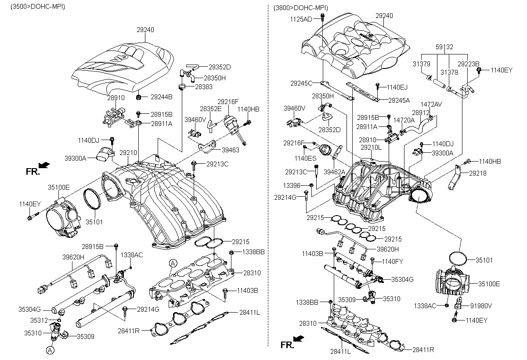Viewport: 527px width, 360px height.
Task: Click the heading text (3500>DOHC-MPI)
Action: (35, 8)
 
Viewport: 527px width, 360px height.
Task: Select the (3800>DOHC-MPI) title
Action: (300, 8)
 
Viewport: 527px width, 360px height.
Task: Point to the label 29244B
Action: (162, 97)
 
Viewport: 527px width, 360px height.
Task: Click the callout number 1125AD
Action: (301, 19)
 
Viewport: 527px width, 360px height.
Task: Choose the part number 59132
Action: (444, 47)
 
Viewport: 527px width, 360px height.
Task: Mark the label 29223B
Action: (468, 64)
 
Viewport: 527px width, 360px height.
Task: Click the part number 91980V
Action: (481, 306)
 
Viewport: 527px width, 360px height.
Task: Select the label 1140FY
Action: (392, 262)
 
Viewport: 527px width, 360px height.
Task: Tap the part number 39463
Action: (230, 150)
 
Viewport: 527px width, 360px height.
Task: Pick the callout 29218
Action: (477, 173)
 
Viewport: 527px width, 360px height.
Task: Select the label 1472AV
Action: (431, 104)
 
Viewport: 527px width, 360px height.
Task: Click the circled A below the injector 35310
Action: (51, 350)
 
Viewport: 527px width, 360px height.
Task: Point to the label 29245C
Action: (301, 83)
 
